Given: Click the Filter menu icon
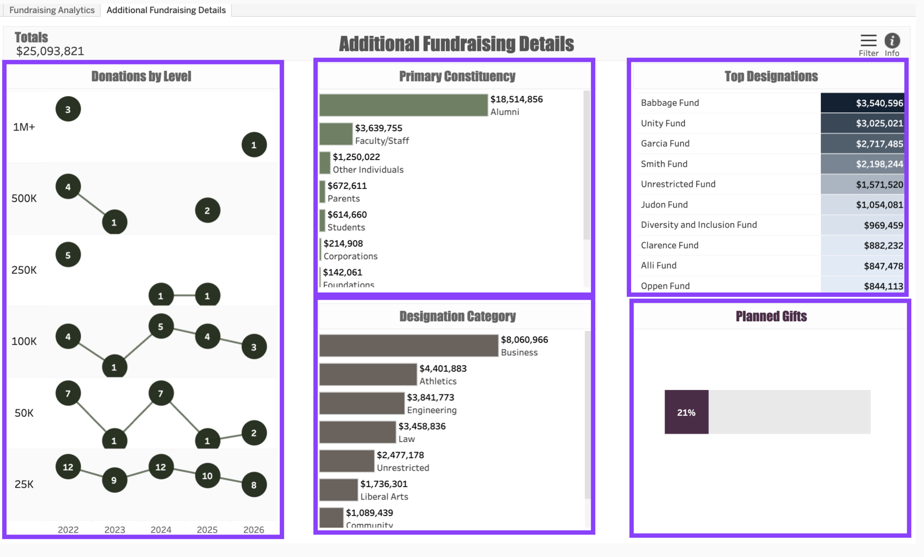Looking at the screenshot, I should tap(868, 41).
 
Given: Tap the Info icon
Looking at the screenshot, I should tap(892, 41).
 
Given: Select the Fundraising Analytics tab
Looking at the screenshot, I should tap(52, 10).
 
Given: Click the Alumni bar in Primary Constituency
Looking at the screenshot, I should tap(403, 105).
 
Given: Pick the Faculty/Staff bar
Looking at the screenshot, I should tap(336, 134).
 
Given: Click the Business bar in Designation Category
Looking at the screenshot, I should tap(408, 346).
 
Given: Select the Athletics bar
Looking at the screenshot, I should tap(367, 375).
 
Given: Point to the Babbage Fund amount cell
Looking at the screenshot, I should tap(862, 103).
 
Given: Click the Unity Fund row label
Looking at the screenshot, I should tap(663, 123).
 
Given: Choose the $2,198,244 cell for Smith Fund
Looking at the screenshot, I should tap(862, 164).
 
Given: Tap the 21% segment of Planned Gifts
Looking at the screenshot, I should tap(686, 413).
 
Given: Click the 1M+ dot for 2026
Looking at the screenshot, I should tap(254, 144).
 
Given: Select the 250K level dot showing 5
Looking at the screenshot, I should tap(68, 255).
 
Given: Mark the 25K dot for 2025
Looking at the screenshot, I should tap(207, 476).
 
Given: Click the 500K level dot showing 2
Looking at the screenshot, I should tap(207, 211).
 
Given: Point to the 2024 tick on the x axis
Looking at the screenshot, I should tap(161, 530).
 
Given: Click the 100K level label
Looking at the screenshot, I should tap(24, 342).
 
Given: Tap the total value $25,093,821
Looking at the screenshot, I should tap(50, 52).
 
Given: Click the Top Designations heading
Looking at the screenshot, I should tap(771, 76).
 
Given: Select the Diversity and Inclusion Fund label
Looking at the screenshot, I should tap(698, 225).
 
